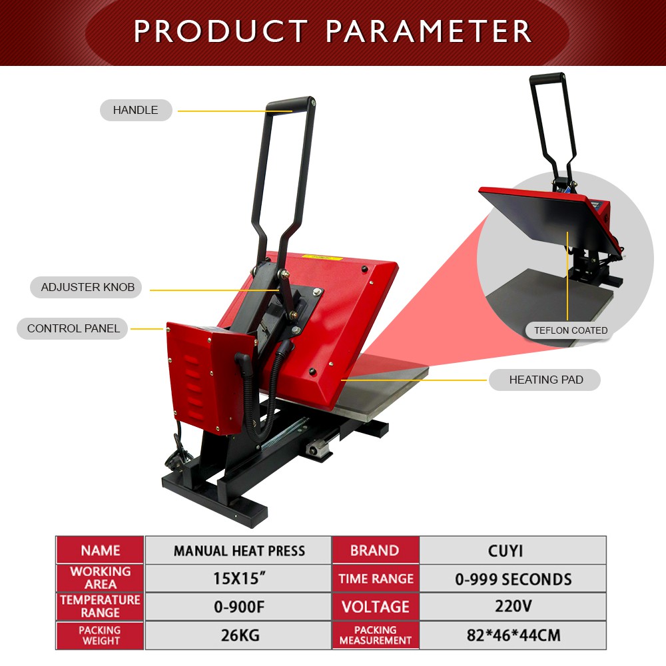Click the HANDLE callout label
(x=136, y=110)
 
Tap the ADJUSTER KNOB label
(x=87, y=287)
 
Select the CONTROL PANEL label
(x=73, y=328)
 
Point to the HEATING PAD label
(x=545, y=380)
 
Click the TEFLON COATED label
(x=571, y=330)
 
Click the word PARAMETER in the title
(x=428, y=31)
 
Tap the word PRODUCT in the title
(x=221, y=31)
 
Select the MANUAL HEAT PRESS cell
(x=238, y=551)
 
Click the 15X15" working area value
(x=238, y=579)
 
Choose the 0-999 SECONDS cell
(x=513, y=579)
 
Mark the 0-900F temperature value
(x=238, y=607)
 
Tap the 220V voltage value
(x=513, y=607)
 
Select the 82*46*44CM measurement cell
(x=513, y=635)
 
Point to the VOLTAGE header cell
(x=376, y=607)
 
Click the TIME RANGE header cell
(x=376, y=579)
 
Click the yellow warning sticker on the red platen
(x=321, y=256)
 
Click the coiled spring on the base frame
(x=284, y=434)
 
